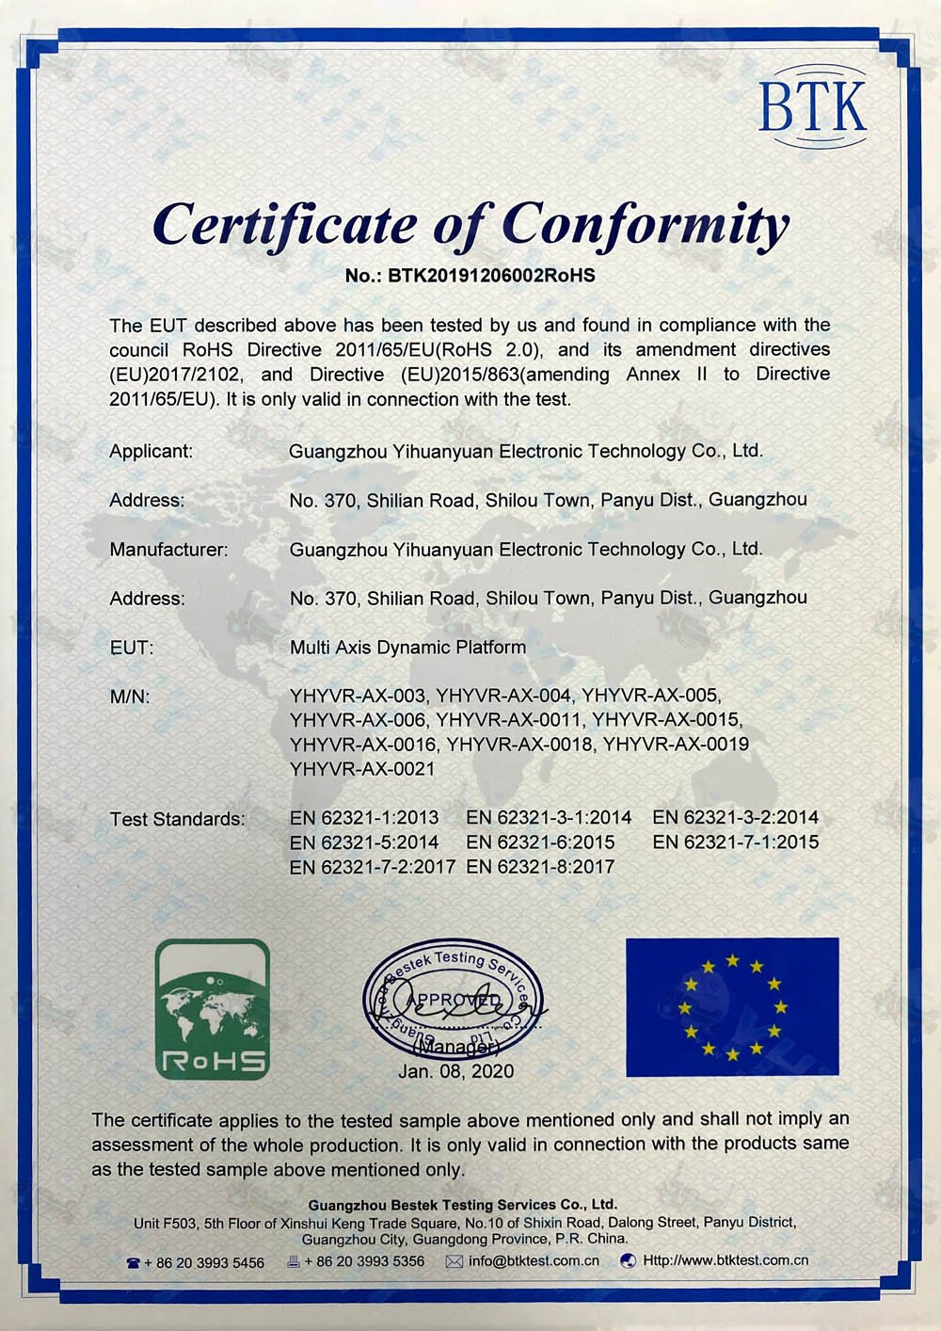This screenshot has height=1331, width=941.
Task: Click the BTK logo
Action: [x=812, y=105]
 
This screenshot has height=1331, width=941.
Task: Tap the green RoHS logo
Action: [x=212, y=1009]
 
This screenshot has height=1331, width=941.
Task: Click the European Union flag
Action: [x=732, y=1006]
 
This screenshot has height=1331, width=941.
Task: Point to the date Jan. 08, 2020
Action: [x=455, y=1071]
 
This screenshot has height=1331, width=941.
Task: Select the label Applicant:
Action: [x=151, y=451]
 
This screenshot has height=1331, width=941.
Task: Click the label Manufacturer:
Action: [x=168, y=549]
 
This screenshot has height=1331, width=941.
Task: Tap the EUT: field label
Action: [x=131, y=648]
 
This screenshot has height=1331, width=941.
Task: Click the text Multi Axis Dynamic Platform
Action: [x=407, y=648]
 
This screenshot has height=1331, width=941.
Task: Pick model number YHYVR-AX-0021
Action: [x=362, y=769]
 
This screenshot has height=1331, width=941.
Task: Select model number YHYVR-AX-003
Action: [x=359, y=697]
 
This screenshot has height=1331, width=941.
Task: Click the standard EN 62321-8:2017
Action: [x=540, y=867]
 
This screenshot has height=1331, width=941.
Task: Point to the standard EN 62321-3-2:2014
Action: [x=735, y=817]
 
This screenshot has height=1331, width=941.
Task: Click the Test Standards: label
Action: [x=177, y=819]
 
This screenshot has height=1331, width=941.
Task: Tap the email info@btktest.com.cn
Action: [x=534, y=1260]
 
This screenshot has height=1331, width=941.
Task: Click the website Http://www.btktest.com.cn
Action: [x=726, y=1260]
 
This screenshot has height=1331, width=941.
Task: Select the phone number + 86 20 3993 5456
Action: [x=204, y=1261]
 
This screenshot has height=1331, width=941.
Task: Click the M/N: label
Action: [x=130, y=697]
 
